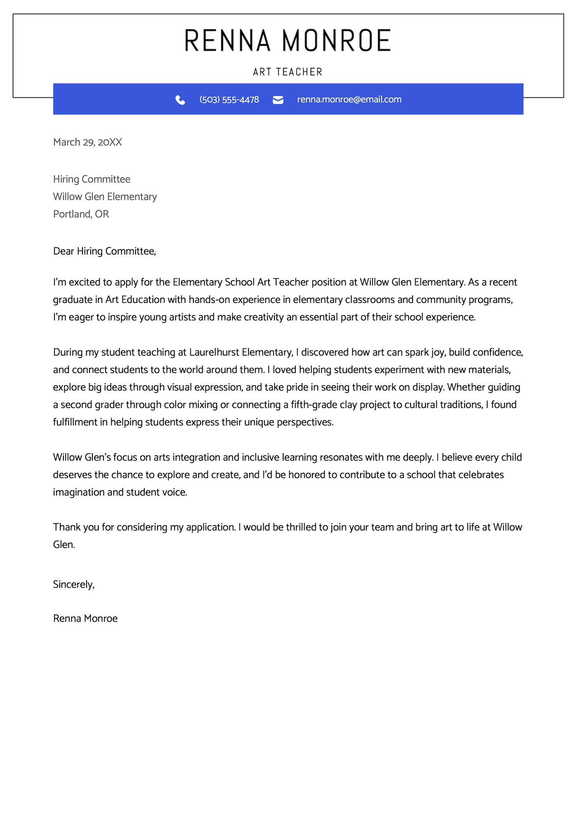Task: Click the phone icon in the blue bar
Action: (180, 100)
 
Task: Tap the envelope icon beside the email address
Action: (278, 100)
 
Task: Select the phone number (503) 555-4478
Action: (229, 99)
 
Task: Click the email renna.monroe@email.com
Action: (349, 99)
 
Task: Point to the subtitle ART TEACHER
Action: (288, 72)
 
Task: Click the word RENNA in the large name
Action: (228, 40)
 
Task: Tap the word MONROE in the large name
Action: (337, 40)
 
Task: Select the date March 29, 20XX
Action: (87, 142)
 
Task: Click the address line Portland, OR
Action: (81, 214)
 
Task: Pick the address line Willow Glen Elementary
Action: (105, 197)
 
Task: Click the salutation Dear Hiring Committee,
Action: (105, 251)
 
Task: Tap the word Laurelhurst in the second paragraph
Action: (214, 352)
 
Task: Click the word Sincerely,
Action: (74, 584)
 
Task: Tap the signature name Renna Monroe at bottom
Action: (85, 619)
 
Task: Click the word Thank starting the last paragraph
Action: (67, 527)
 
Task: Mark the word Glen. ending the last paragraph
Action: (64, 545)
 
